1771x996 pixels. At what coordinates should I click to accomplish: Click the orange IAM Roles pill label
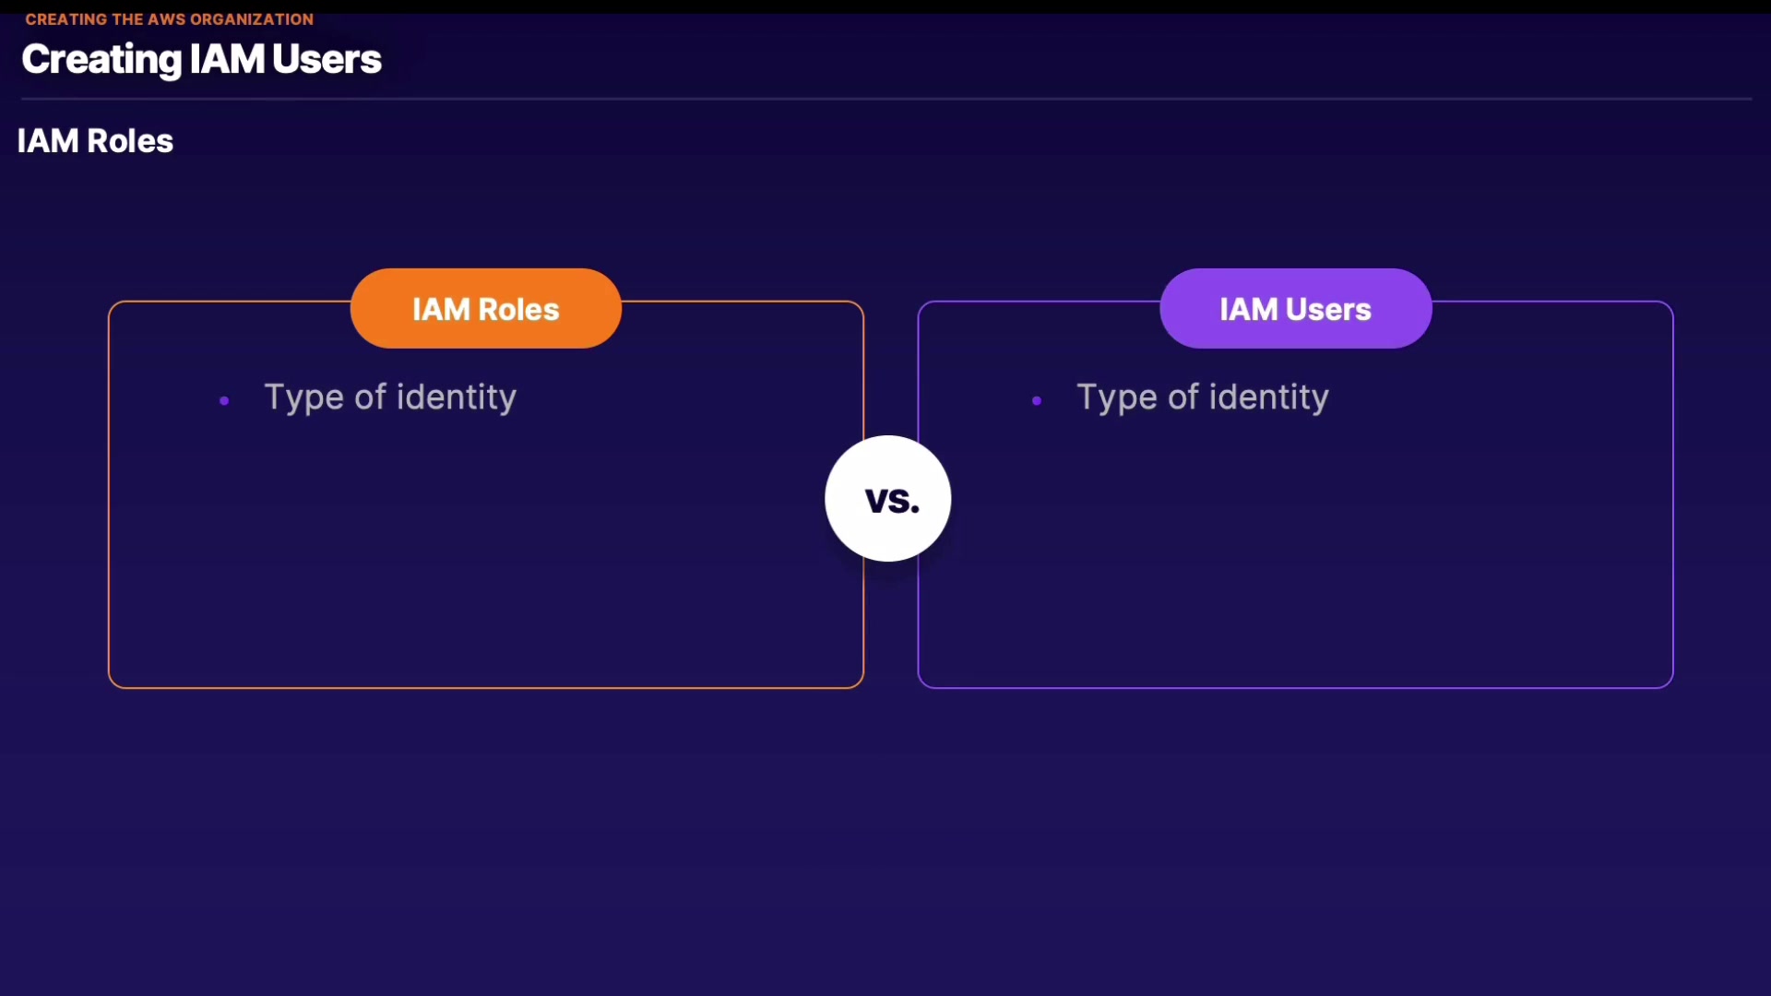tap(486, 308)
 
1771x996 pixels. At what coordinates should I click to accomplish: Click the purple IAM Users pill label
tap(1296, 308)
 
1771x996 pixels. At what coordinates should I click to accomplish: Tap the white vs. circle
tap(888, 498)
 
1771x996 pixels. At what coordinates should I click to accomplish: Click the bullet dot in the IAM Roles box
tap(224, 400)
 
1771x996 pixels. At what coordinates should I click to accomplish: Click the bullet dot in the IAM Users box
tap(1037, 400)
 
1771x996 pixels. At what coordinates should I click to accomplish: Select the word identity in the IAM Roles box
tap(457, 397)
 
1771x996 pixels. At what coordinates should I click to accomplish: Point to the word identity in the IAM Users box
tap(1269, 397)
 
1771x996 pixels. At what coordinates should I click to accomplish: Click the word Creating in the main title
tap(101, 60)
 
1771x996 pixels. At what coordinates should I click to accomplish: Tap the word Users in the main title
tap(327, 59)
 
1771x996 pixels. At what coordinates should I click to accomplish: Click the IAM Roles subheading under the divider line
tap(95, 141)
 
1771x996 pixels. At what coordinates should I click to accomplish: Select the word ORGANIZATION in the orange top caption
tap(252, 19)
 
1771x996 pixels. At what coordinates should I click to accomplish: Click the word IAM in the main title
tap(227, 59)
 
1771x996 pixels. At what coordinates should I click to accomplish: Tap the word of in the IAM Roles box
tap(370, 397)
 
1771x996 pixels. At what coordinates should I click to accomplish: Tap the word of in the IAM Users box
tap(1183, 397)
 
